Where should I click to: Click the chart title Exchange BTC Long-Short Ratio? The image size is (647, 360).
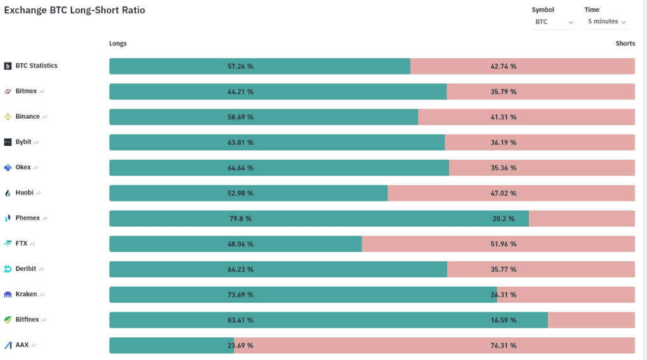(x=75, y=10)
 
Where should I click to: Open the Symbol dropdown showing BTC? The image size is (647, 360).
(x=553, y=22)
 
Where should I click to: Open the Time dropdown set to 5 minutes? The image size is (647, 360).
(x=607, y=21)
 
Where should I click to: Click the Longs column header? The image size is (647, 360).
(x=118, y=44)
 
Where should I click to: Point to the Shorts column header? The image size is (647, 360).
(x=625, y=44)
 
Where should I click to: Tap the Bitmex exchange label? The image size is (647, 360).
(x=26, y=91)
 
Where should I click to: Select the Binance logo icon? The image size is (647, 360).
(x=8, y=117)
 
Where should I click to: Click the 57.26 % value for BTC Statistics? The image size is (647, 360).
(x=241, y=66)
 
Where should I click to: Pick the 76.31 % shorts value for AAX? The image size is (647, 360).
(x=504, y=345)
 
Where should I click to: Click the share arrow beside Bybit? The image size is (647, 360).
(x=37, y=142)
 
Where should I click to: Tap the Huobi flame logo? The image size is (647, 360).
(x=8, y=193)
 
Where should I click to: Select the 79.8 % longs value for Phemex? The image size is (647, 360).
(x=241, y=219)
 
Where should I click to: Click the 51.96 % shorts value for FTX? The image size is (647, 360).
(x=504, y=244)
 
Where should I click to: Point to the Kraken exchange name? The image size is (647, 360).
(x=26, y=294)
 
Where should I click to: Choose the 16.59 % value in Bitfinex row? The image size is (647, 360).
(x=504, y=320)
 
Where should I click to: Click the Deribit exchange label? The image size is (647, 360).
(x=25, y=268)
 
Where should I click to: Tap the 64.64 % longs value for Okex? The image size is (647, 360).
(x=241, y=168)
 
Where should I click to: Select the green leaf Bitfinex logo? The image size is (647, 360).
(x=8, y=320)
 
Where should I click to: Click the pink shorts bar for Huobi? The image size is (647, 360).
(x=511, y=193)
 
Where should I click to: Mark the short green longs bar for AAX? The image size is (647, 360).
(x=172, y=345)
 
